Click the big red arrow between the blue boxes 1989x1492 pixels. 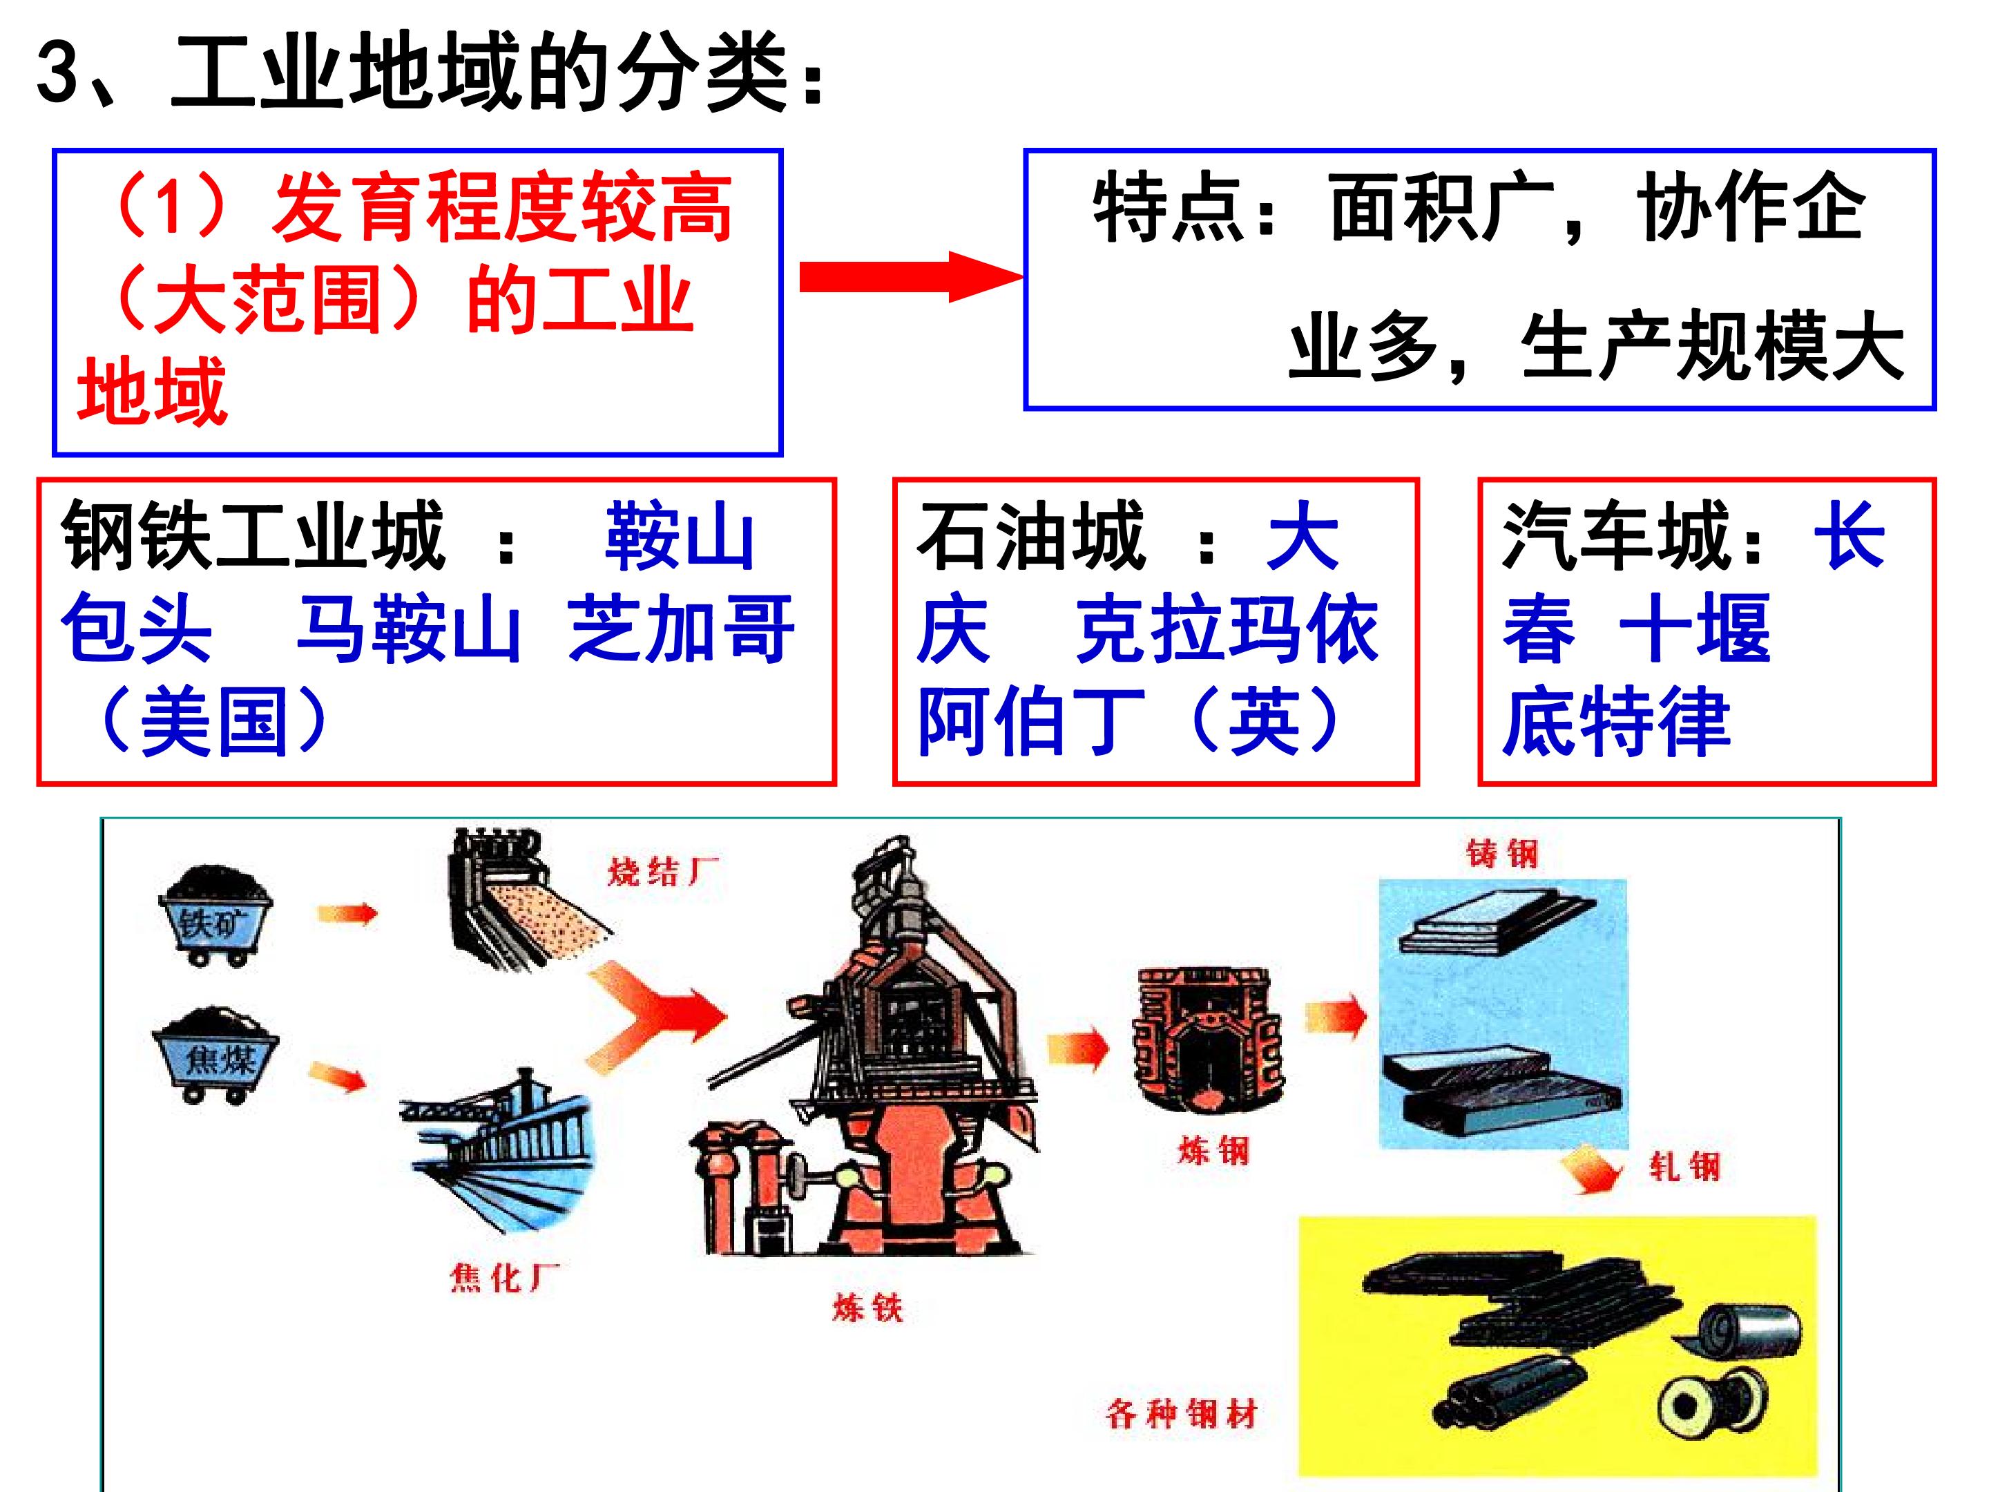click(x=911, y=277)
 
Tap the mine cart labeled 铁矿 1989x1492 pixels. click(x=215, y=915)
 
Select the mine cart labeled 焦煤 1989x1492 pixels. click(x=215, y=1055)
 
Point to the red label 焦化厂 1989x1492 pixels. click(x=504, y=1277)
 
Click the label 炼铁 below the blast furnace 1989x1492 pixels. click(x=867, y=1307)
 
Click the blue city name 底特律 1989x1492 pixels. click(x=1616, y=720)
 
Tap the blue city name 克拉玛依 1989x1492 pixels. click(x=1227, y=629)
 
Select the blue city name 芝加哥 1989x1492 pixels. click(x=681, y=629)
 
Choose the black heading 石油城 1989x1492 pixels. click(x=1030, y=536)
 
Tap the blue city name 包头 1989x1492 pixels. click(x=137, y=629)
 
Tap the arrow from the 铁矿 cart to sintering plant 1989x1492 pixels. click(x=347, y=914)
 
